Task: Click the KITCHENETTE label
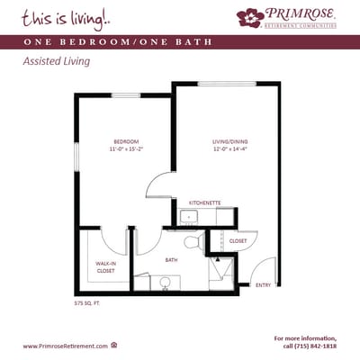tap(205, 203)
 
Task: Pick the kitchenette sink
tap(189, 217)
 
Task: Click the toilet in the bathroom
tap(191, 242)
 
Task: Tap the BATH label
tap(170, 261)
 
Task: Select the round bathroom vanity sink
tap(165, 282)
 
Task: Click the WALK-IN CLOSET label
tap(105, 266)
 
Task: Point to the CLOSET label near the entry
tap(238, 241)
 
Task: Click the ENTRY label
tap(263, 285)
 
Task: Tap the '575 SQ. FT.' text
tap(89, 303)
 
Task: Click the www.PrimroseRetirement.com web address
tap(65, 346)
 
